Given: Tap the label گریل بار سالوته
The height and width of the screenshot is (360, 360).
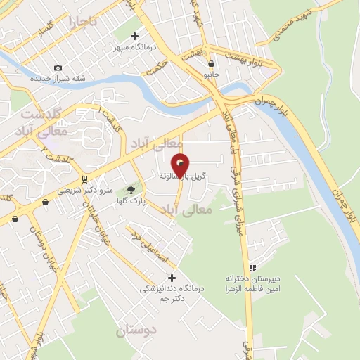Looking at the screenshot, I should click(x=183, y=175).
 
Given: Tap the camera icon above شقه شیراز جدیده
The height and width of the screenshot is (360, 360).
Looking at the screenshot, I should click(x=58, y=67).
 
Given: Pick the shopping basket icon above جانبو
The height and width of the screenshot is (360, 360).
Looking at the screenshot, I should click(x=211, y=63).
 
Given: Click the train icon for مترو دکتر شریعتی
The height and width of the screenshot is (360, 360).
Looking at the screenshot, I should click(x=85, y=179).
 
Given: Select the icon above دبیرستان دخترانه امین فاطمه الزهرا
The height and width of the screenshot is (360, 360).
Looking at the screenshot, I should click(x=252, y=267).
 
